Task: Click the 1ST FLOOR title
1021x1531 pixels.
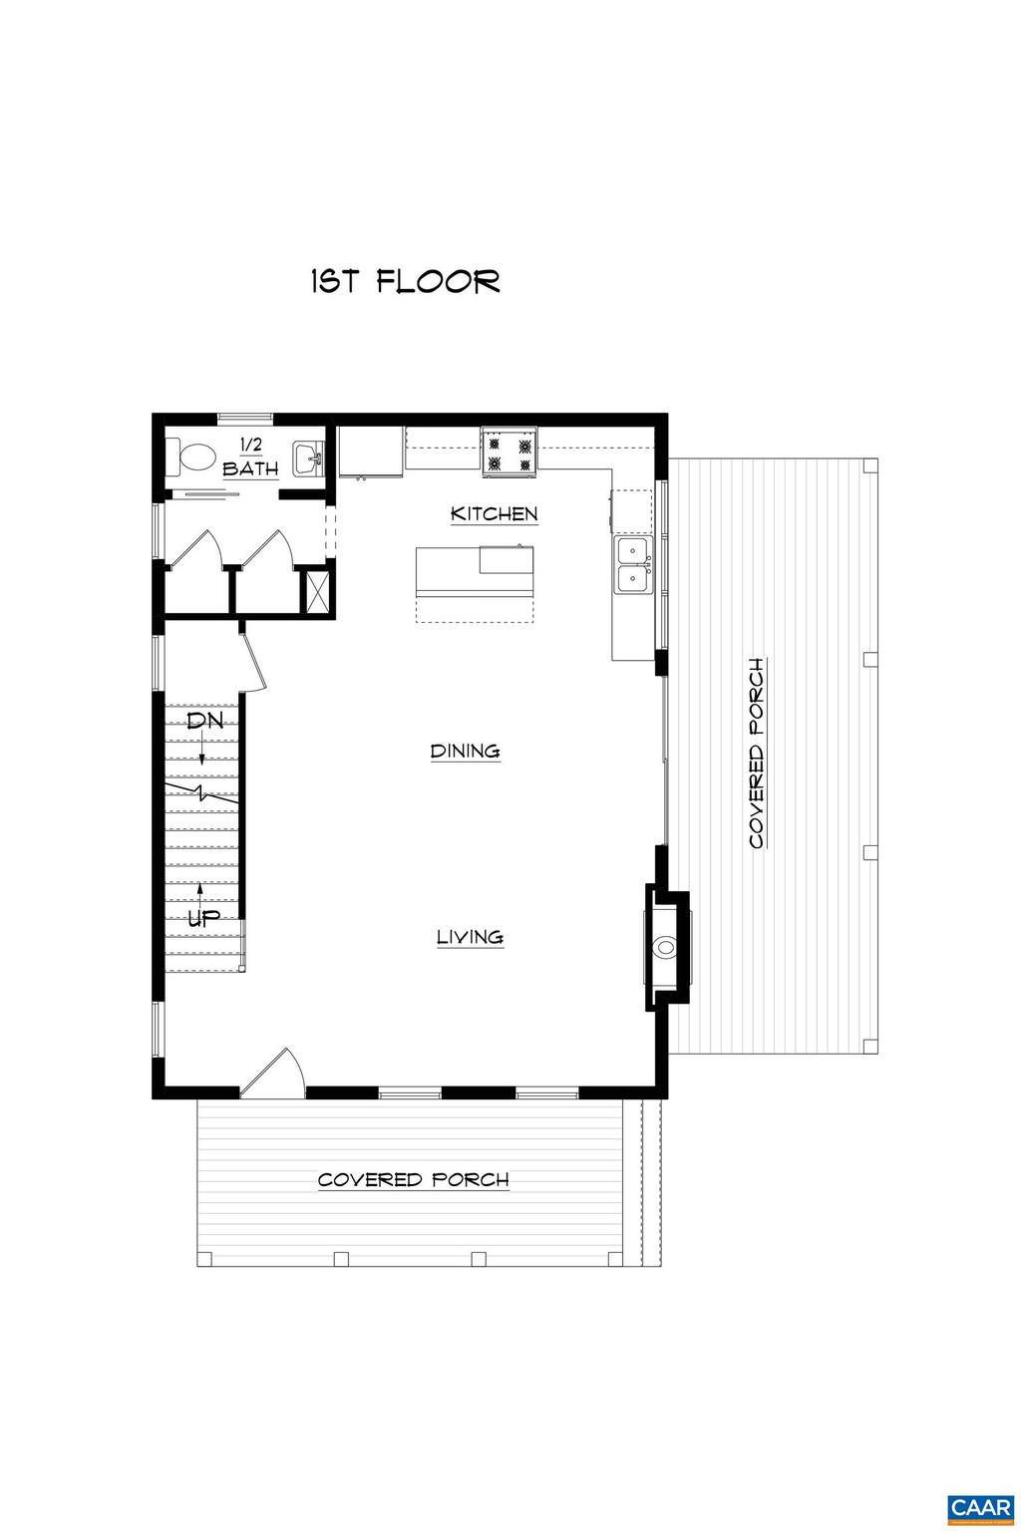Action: pyautogui.click(x=405, y=282)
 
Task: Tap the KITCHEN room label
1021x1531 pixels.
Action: pyautogui.click(x=494, y=514)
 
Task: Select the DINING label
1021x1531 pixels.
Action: pyautogui.click(x=465, y=752)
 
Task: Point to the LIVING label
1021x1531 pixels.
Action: pyautogui.click(x=470, y=937)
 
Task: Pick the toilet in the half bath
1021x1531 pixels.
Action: pyautogui.click(x=195, y=458)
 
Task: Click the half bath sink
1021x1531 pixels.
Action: pyautogui.click(x=308, y=459)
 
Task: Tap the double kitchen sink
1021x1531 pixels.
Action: pyautogui.click(x=633, y=565)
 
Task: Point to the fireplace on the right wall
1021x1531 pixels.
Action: pyautogui.click(x=664, y=948)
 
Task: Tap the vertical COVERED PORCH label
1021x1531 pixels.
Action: pyautogui.click(x=757, y=754)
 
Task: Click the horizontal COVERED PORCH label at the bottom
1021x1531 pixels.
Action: pyautogui.click(x=413, y=1180)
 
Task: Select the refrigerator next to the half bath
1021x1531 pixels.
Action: pyautogui.click(x=371, y=452)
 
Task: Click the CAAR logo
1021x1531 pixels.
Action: pyautogui.click(x=980, y=1505)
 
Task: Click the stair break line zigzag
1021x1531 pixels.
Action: pyautogui.click(x=203, y=794)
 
